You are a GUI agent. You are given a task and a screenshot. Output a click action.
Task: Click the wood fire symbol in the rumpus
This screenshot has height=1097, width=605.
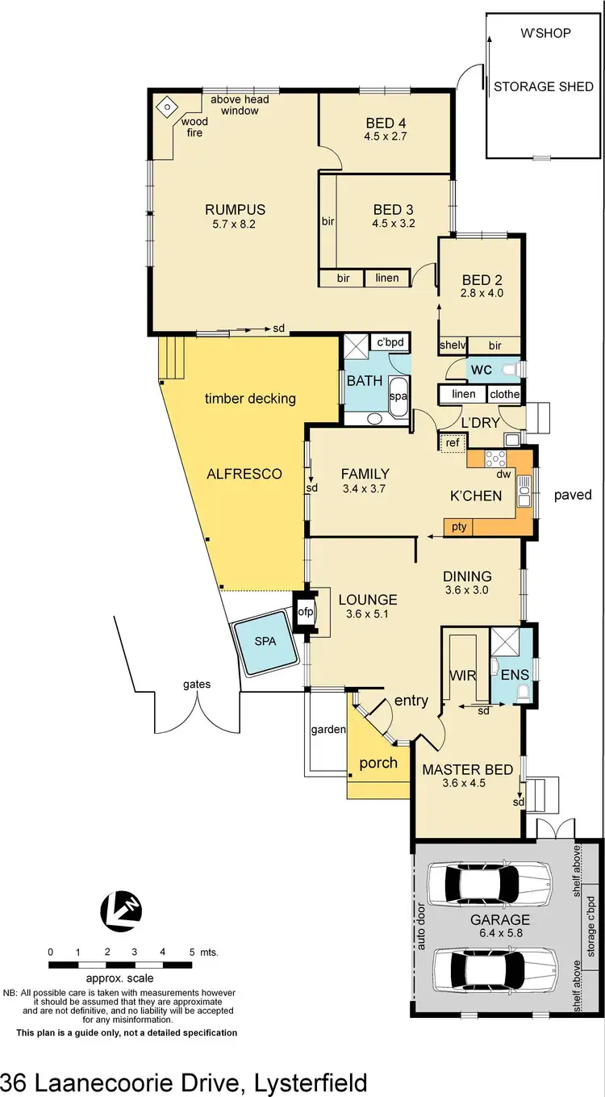[x=165, y=107]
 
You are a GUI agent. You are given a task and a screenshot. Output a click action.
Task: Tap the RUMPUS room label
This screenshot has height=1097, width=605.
[x=235, y=210]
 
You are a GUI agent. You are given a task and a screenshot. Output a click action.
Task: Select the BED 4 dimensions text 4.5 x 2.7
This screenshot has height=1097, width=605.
[x=386, y=136]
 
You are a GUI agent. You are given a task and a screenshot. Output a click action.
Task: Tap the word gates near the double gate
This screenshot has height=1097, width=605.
[x=196, y=685]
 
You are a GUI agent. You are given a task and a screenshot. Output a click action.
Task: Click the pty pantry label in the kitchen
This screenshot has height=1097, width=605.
[x=458, y=527]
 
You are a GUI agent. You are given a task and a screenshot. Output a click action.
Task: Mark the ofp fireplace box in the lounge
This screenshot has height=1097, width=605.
[x=306, y=613]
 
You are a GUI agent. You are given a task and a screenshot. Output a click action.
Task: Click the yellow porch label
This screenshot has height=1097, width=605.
[x=378, y=763]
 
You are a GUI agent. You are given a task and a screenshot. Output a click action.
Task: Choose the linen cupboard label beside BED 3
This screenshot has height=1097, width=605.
[x=387, y=278]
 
